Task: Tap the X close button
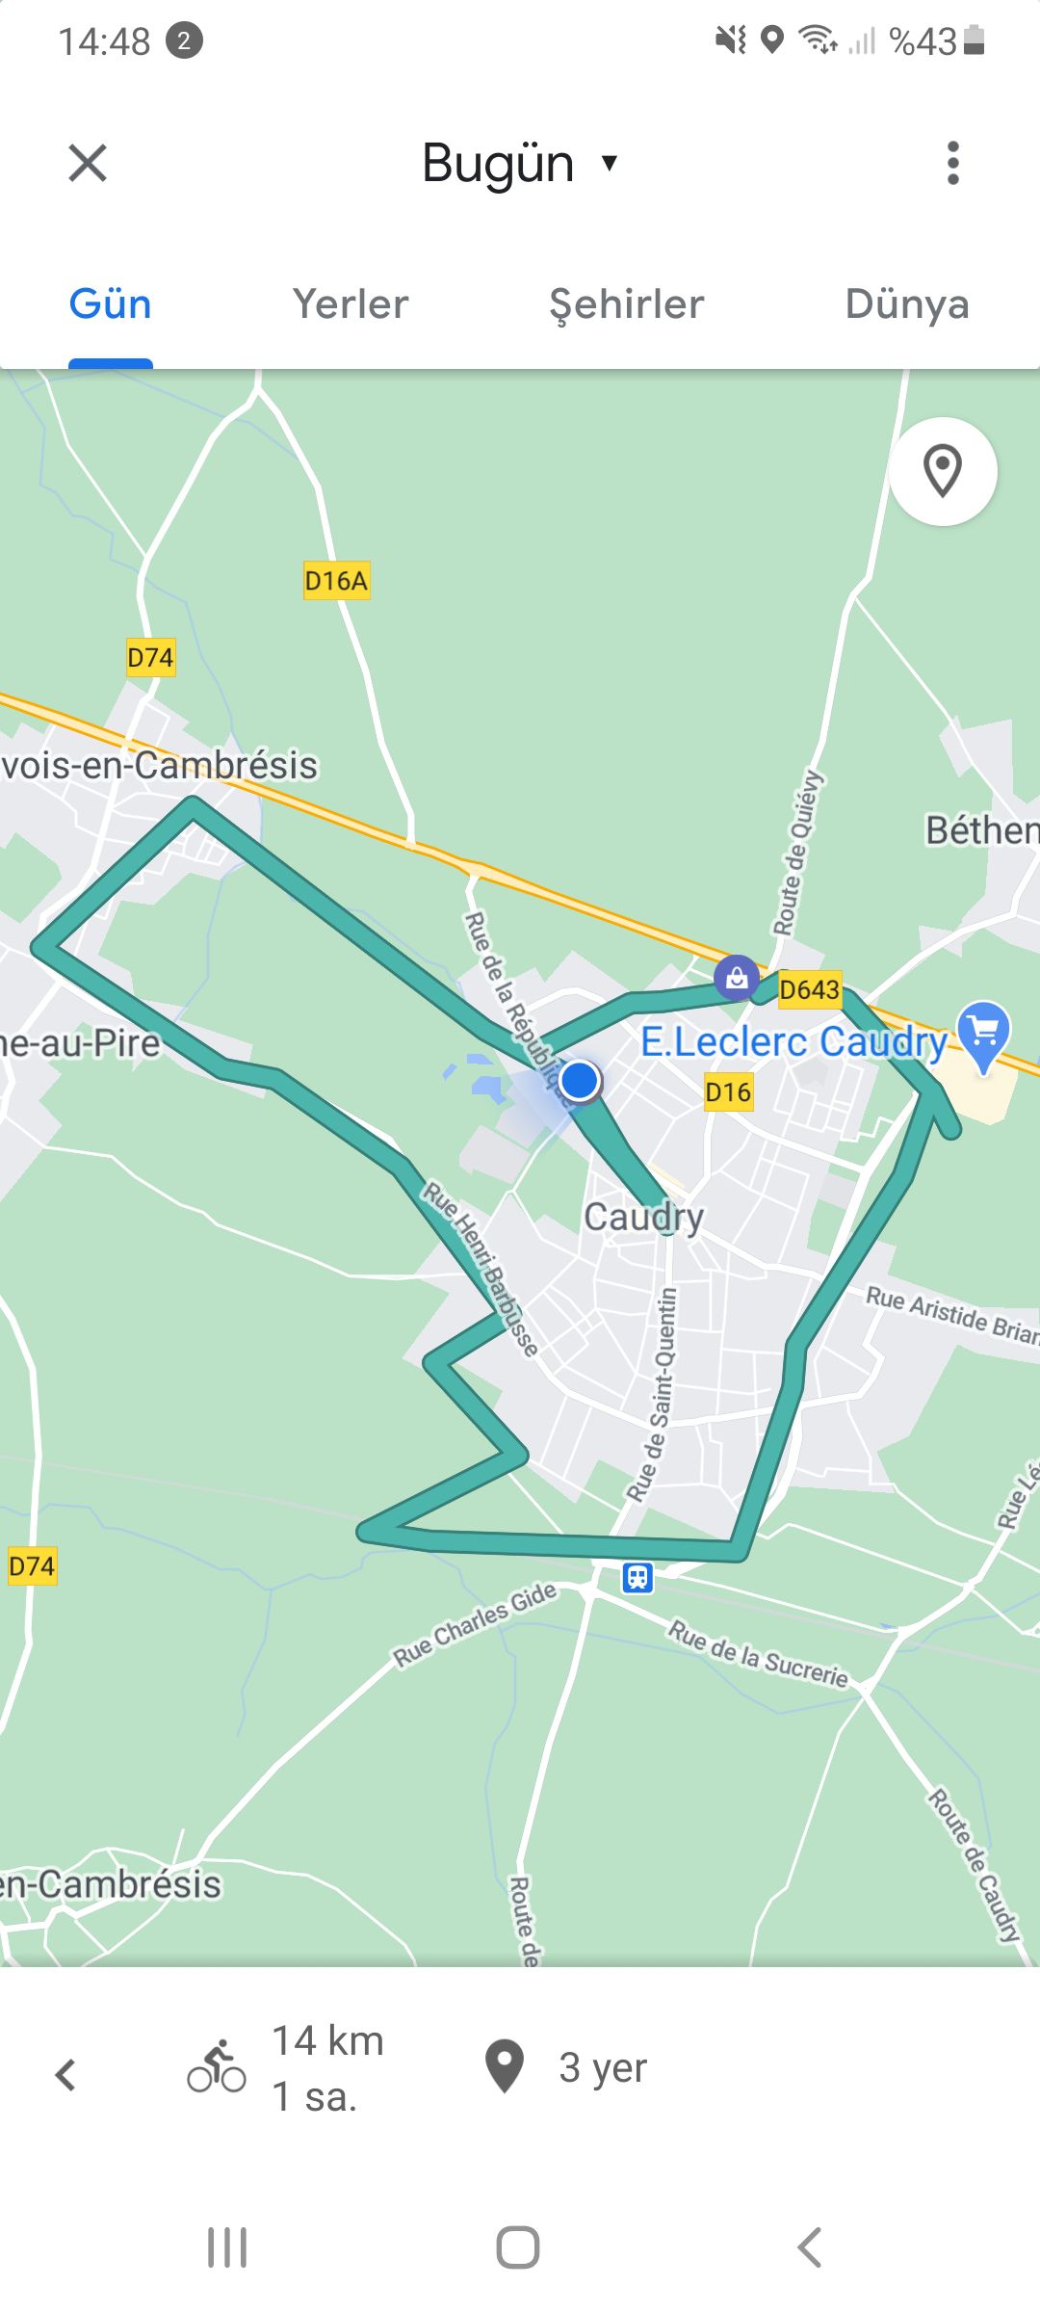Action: [88, 163]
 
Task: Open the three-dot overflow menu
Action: [952, 163]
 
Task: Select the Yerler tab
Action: [351, 304]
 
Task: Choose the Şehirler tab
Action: [626, 304]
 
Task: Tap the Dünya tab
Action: [906, 304]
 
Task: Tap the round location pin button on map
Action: [943, 471]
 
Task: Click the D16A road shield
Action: [336, 581]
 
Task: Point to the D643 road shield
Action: [809, 989]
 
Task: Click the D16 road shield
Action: [727, 1092]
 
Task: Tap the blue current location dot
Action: [580, 1080]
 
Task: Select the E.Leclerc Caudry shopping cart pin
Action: [983, 1034]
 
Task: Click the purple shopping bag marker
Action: [737, 978]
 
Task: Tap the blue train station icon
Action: [637, 1577]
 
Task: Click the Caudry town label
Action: [643, 1217]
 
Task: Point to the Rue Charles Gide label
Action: [475, 1624]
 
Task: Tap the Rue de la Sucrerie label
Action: [758, 1653]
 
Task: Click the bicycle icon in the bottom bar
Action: [217, 2067]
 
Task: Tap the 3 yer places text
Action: [603, 2067]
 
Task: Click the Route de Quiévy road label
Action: [797, 854]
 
